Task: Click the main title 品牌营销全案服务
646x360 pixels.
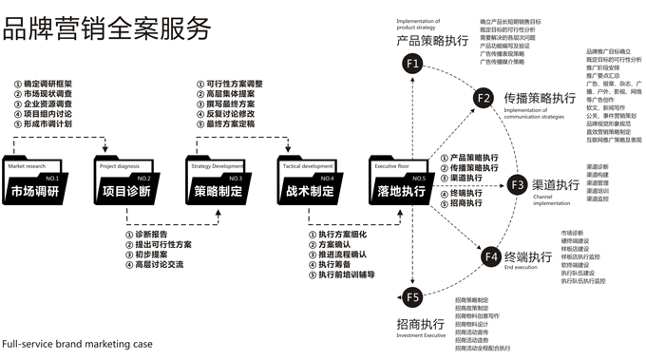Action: (x=107, y=28)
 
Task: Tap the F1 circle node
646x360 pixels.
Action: (x=411, y=64)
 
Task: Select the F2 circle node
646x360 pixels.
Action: (x=484, y=99)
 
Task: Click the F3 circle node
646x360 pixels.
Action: (x=517, y=183)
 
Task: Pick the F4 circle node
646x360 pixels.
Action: (x=490, y=256)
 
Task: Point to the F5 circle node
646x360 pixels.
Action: (x=411, y=298)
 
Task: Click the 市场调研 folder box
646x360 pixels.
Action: (x=35, y=183)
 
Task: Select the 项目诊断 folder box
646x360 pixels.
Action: (x=125, y=183)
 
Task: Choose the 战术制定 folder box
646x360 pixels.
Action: (x=310, y=183)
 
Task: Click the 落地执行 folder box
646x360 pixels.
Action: (x=401, y=183)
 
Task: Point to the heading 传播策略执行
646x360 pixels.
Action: (x=540, y=98)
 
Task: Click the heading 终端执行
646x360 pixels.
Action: (x=529, y=256)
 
